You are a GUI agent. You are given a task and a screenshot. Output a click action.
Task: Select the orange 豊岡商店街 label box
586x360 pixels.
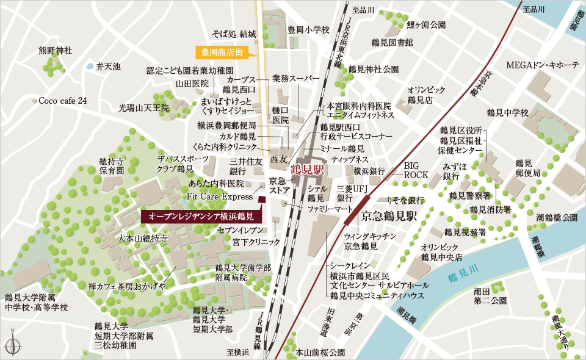pos(219,52)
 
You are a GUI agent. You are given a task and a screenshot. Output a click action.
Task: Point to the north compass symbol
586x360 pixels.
pos(12,344)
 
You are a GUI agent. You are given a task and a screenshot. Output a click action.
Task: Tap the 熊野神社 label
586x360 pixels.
pos(55,50)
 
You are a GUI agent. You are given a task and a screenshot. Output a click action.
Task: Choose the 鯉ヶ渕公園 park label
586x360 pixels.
pos(426,25)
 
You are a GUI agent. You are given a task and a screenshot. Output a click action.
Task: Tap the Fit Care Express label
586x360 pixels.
pos(220,196)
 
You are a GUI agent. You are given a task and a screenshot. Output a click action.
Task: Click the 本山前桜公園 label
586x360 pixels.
pos(320,352)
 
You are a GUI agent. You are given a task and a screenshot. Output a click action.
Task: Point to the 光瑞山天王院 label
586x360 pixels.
pos(143,107)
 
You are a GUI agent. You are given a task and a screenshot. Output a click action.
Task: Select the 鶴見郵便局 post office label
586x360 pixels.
pos(527,168)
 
